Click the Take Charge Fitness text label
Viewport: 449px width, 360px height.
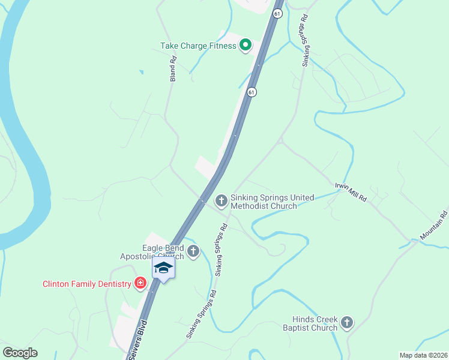[198, 46]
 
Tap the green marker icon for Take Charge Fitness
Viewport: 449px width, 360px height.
[246, 45]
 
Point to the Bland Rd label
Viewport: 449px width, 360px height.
[173, 69]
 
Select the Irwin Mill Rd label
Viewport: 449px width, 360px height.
[351, 191]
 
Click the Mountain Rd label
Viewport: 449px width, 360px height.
[434, 226]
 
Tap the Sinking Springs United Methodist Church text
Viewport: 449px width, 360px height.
[264, 202]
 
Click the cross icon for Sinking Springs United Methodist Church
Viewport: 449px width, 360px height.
[221, 200]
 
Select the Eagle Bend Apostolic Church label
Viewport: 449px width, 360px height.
[163, 251]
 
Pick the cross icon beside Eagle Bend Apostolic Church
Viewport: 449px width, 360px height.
[193, 251]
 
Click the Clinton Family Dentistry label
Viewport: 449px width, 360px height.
[86, 284]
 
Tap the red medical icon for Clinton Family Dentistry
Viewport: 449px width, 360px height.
[140, 283]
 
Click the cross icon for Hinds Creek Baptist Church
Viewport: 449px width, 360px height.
[346, 323]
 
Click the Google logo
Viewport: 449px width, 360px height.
[20, 353]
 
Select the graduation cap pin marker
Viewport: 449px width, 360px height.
[163, 268]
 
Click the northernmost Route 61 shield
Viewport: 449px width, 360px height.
[276, 14]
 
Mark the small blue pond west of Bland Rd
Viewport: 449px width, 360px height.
[141, 73]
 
